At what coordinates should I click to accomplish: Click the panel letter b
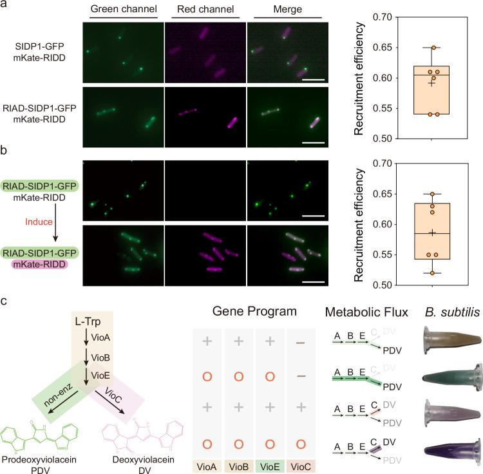click(x=5, y=154)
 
